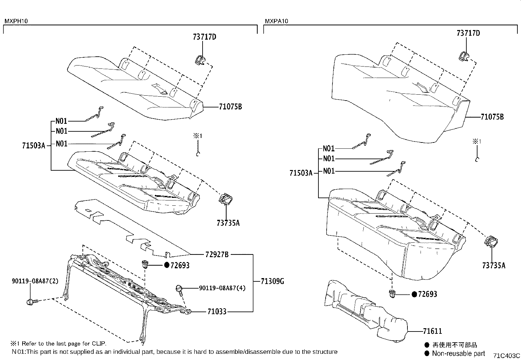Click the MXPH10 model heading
point(16,21)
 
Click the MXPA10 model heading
point(277,21)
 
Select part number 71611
point(432,331)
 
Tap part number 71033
point(217,312)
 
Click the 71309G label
point(273,281)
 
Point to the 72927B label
point(217,254)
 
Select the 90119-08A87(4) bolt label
point(222,288)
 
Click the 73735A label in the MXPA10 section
point(494,265)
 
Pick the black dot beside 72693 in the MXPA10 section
point(414,294)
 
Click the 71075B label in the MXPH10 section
point(230,107)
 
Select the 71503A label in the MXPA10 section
point(301,173)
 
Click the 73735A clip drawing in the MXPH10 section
point(225,199)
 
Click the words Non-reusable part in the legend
point(458,353)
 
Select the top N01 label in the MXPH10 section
point(61,121)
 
